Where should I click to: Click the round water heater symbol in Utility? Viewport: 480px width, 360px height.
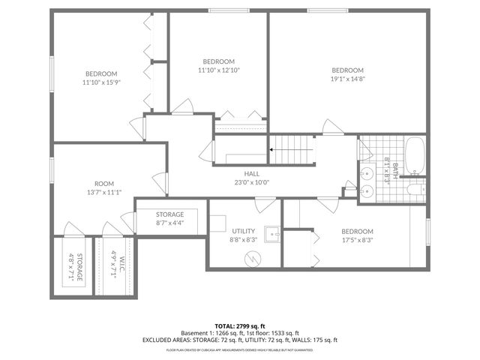coord(253,258)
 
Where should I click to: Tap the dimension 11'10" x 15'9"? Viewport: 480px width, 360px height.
coord(101,82)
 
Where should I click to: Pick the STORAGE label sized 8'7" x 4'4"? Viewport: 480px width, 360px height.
coord(169,214)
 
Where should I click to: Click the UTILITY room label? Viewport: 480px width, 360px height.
coord(244,231)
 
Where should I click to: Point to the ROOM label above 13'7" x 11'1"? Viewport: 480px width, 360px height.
coord(104,184)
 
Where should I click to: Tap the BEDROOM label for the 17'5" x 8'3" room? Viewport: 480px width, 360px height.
coord(357,231)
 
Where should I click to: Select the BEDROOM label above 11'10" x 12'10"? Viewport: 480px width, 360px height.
coord(218,61)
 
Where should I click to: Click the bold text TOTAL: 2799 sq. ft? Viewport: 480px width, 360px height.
coord(239,325)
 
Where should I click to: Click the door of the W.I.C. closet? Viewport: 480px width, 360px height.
coord(113,228)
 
